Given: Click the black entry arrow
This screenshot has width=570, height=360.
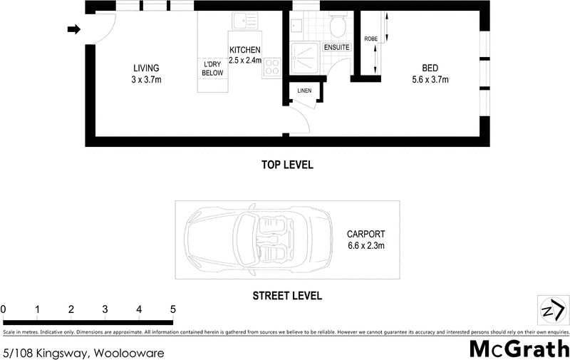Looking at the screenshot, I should [73, 29].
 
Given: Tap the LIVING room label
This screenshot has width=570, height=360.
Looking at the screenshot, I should [146, 68].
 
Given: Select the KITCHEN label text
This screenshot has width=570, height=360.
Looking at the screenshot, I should [245, 50].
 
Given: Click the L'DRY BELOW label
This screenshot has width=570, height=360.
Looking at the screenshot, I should [213, 68].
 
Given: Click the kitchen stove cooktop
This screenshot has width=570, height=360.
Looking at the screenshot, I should [271, 68].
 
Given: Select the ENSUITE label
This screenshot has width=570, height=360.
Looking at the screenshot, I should [336, 47].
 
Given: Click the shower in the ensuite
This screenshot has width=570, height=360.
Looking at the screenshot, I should [306, 57].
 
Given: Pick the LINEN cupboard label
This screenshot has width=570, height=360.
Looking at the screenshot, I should [305, 91].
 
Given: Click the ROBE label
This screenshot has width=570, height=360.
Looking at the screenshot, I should [370, 38].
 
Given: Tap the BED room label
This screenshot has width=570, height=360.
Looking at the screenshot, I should [430, 68].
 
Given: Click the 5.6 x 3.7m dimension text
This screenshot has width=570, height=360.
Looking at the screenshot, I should [430, 80].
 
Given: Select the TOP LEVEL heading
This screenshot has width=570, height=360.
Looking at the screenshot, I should [287, 165].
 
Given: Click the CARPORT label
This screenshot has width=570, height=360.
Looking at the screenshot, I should [366, 234].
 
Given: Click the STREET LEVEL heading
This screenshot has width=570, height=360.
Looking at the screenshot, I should [287, 295].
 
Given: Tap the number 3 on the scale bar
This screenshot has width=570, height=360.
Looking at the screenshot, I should [105, 309].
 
